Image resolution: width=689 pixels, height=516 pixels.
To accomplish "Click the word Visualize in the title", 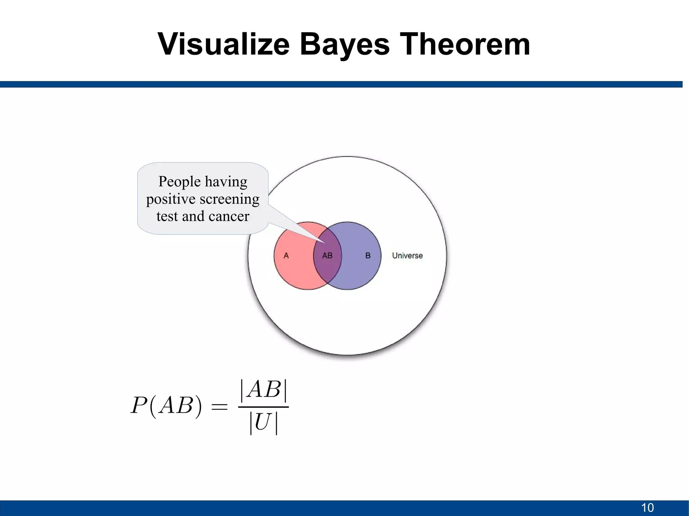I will coord(223,44).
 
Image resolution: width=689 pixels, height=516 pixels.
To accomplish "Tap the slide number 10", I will coord(647,508).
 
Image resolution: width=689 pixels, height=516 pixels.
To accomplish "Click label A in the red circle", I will coord(286,255).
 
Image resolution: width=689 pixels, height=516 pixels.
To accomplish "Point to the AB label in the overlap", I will coord(327,256).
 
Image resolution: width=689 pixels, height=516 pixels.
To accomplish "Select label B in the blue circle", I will coord(368,255).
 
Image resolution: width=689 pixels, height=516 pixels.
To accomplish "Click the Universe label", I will coord(407,255).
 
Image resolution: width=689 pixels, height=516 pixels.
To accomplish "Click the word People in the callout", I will coord(179,182).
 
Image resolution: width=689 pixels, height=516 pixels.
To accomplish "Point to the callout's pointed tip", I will coord(325,243).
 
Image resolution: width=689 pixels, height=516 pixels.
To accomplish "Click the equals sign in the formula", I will coord(219,407).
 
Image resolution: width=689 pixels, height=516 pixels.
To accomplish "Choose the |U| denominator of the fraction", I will coord(263,423).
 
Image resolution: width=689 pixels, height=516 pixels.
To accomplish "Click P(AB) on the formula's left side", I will coord(166,406).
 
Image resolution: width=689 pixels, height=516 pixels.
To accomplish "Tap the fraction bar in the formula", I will coord(263,407).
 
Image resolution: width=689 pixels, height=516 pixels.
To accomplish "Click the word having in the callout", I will coord(226,182).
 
